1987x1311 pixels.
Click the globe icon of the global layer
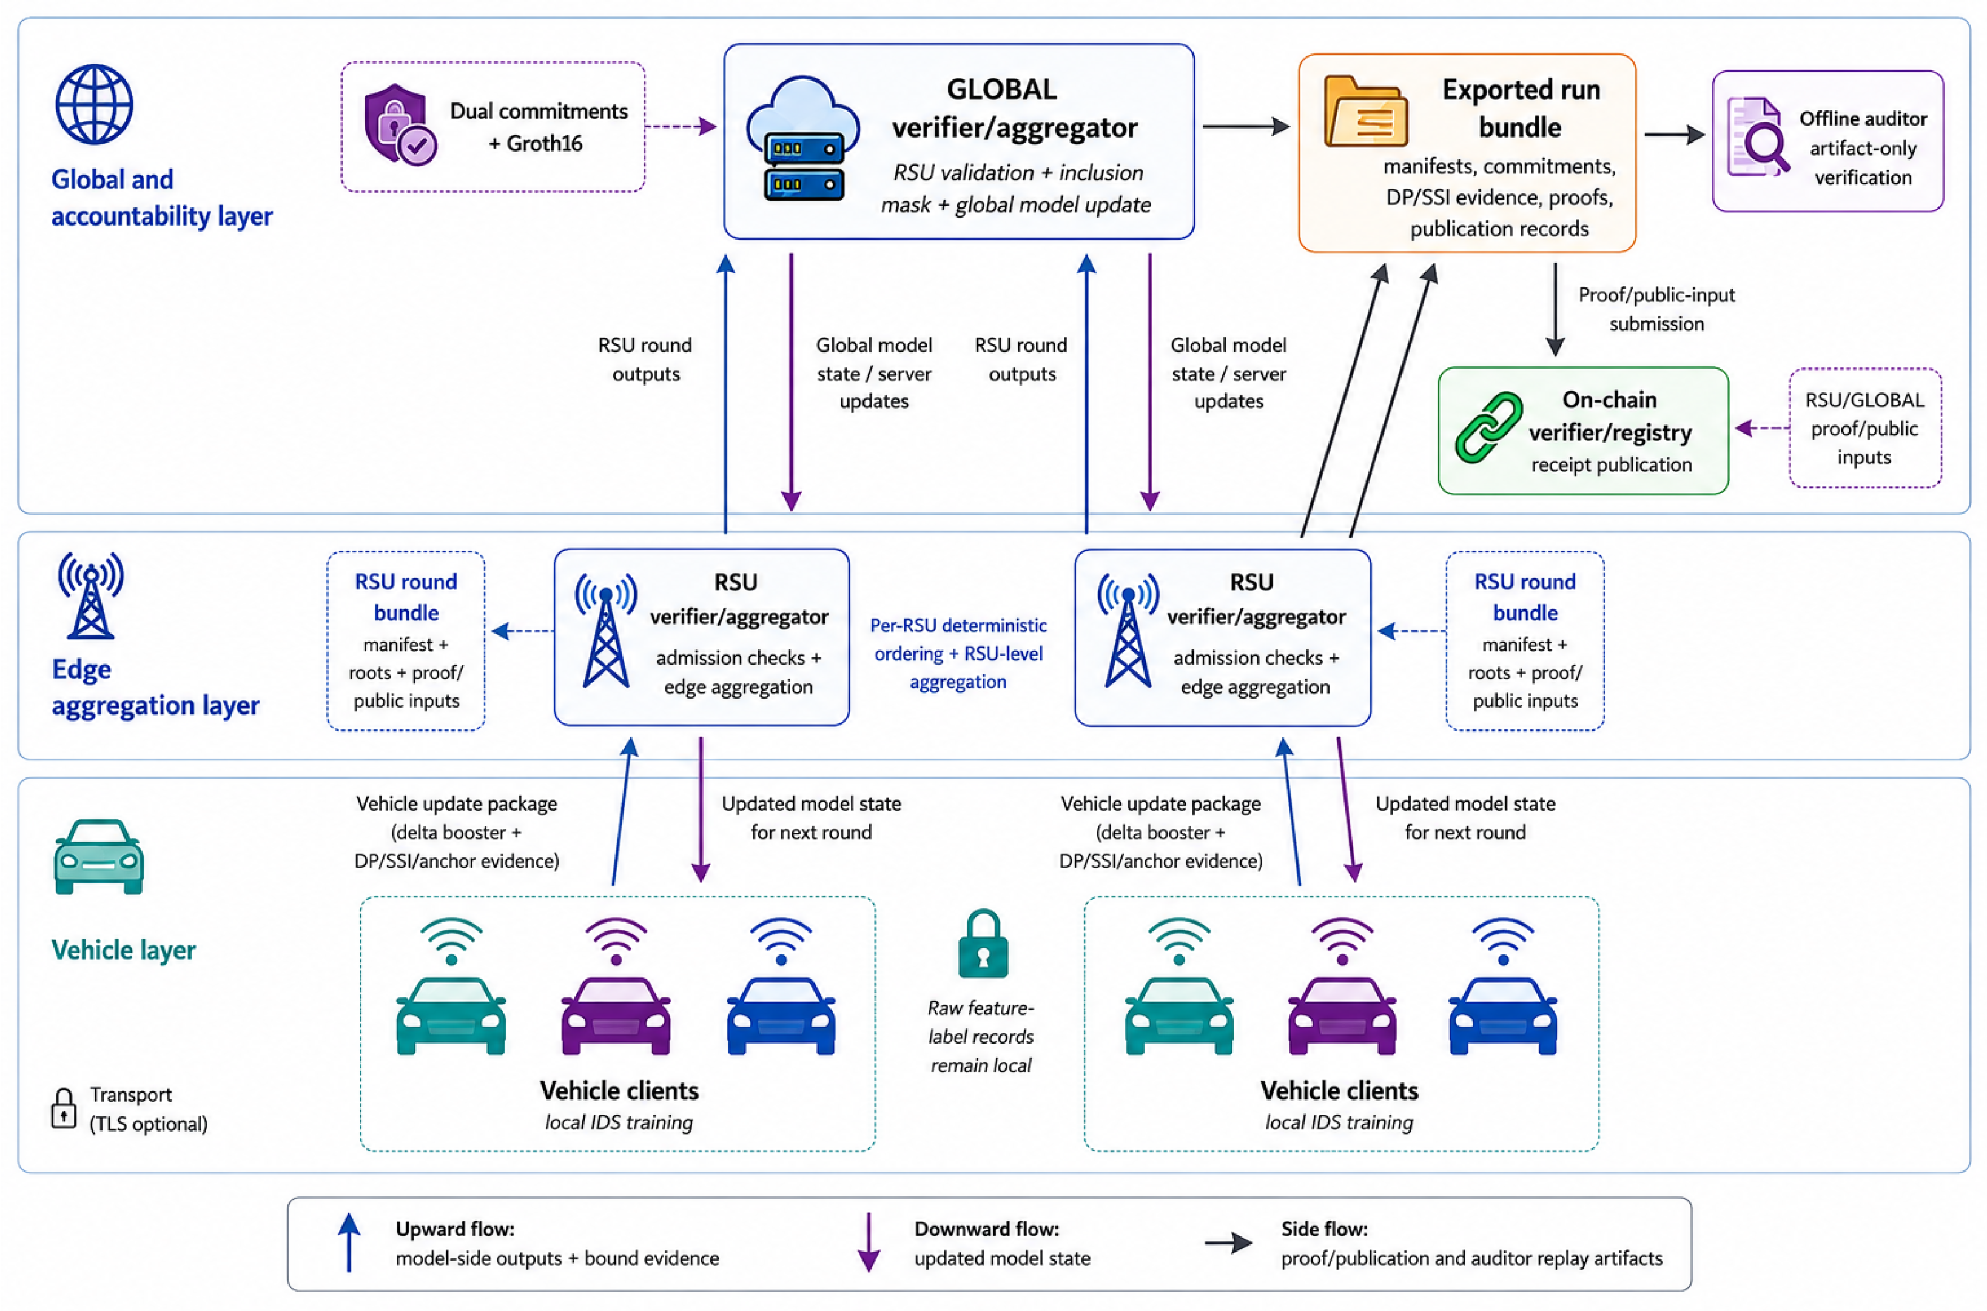93,104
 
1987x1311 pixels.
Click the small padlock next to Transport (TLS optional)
64,1108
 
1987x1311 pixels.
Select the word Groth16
545,144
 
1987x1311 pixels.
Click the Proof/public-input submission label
1656,309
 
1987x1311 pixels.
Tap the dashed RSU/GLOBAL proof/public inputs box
1865,428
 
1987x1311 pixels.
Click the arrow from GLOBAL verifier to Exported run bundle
1246,126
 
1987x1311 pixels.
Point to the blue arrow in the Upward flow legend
349,1242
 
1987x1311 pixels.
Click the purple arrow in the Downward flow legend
869,1242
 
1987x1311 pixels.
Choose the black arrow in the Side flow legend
1228,1243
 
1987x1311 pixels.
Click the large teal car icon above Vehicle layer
99,856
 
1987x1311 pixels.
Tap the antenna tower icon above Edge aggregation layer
90,595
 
